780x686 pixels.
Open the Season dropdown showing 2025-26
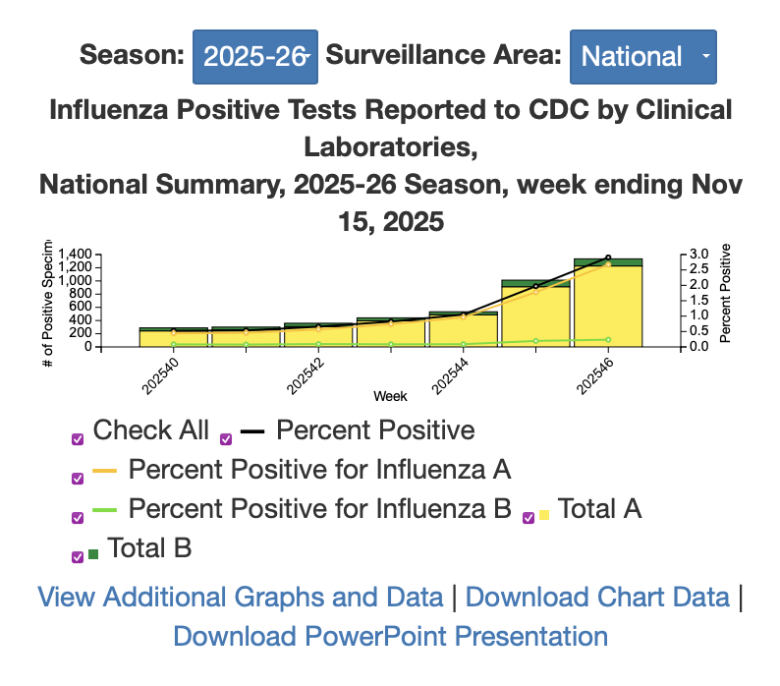click(254, 56)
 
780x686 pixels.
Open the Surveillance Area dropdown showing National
click(642, 56)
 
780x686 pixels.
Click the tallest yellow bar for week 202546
click(608, 305)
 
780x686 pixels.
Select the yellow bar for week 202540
click(173, 338)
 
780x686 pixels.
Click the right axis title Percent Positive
click(726, 295)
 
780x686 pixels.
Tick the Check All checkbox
click(78, 439)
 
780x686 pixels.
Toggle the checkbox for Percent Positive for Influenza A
click(78, 479)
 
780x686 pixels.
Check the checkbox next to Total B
click(78, 556)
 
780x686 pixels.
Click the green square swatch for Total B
click(93, 555)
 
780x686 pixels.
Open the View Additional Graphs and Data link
click(240, 597)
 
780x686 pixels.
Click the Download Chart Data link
click(597, 597)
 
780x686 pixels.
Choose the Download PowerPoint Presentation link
click(390, 636)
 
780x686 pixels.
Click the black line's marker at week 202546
click(608, 257)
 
